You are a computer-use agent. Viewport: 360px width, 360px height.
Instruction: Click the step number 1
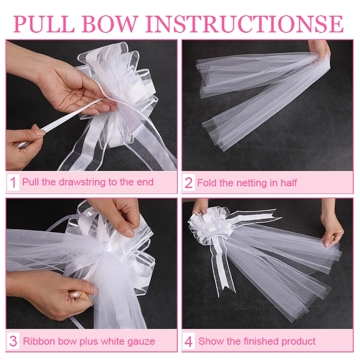[x=13, y=183]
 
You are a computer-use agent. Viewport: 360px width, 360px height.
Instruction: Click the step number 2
[x=189, y=183]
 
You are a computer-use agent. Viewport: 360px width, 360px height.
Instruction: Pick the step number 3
[x=13, y=341]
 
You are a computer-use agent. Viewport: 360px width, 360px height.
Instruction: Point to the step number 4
[x=189, y=342]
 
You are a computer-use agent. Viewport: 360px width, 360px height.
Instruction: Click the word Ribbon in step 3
[x=38, y=341]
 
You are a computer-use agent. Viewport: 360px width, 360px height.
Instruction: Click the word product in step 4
[x=299, y=341]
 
